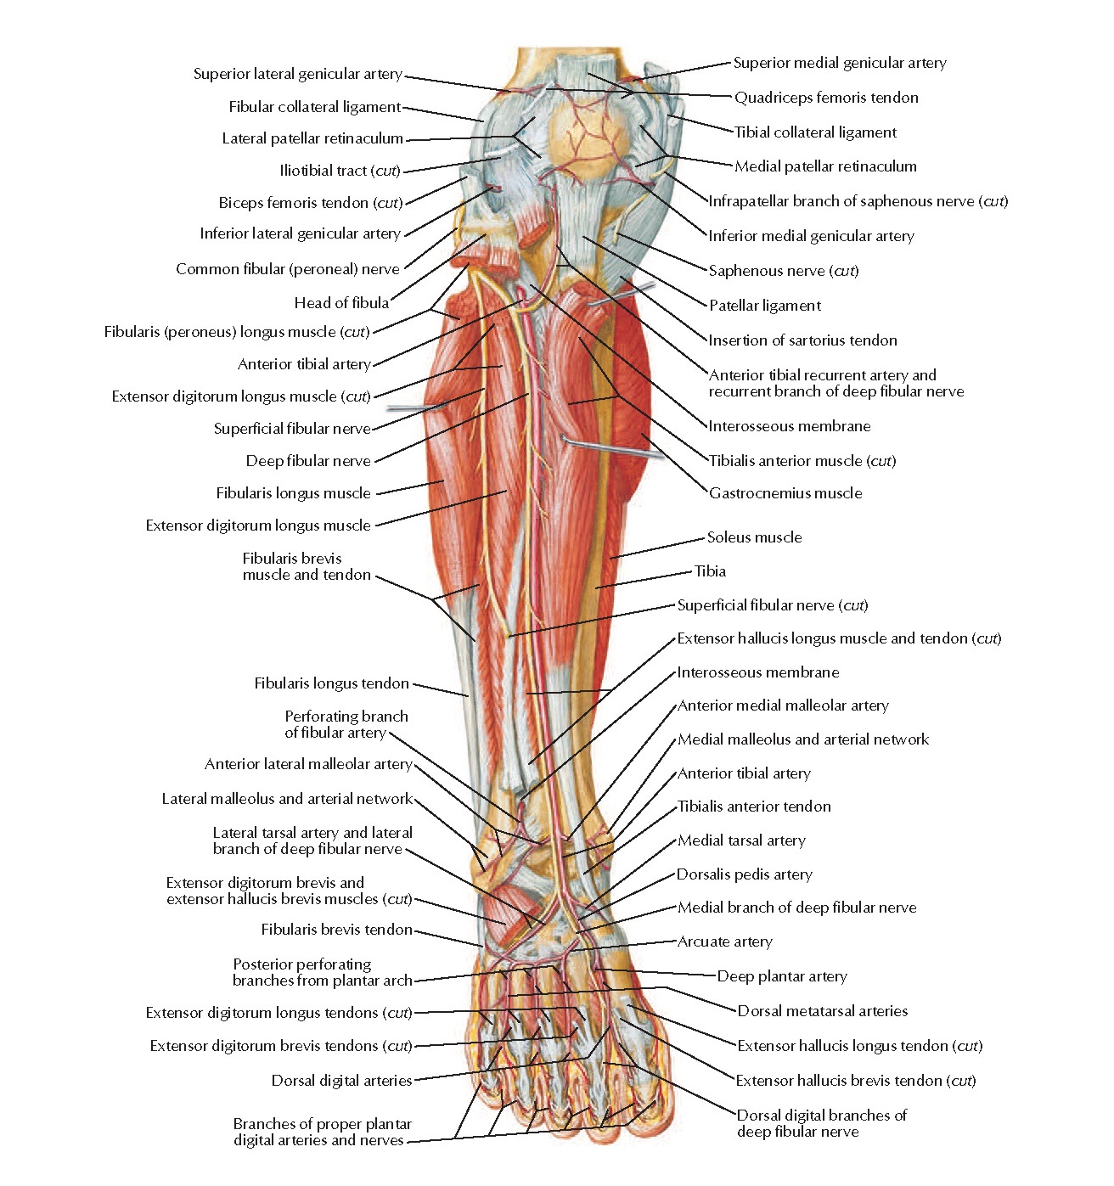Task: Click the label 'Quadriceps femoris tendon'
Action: pyautogui.click(x=826, y=98)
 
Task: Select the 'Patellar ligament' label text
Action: pyautogui.click(x=765, y=306)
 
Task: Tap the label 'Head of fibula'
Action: pyautogui.click(x=341, y=303)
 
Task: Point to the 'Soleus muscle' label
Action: pyautogui.click(x=754, y=537)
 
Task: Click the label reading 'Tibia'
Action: pyautogui.click(x=710, y=571)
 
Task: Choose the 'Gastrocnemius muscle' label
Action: pyautogui.click(x=785, y=493)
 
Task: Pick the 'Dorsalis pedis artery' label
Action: pyautogui.click(x=744, y=874)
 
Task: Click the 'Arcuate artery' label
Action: pyautogui.click(x=724, y=941)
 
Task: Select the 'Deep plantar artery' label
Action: pyautogui.click(x=782, y=976)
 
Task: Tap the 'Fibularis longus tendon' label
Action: pyautogui.click(x=331, y=683)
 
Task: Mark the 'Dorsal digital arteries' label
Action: pyautogui.click(x=341, y=1081)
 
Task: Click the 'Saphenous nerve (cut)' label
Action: pyautogui.click(x=784, y=271)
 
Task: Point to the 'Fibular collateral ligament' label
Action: pyautogui.click(x=314, y=107)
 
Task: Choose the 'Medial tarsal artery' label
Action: pyautogui.click(x=741, y=840)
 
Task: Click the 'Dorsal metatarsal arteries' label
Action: pyautogui.click(x=822, y=1011)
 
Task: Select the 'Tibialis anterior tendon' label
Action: pyautogui.click(x=754, y=807)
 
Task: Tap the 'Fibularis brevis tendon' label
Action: pyautogui.click(x=336, y=930)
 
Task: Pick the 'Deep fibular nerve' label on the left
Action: pyautogui.click(x=308, y=461)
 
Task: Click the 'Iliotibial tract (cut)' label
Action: pyautogui.click(x=340, y=171)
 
